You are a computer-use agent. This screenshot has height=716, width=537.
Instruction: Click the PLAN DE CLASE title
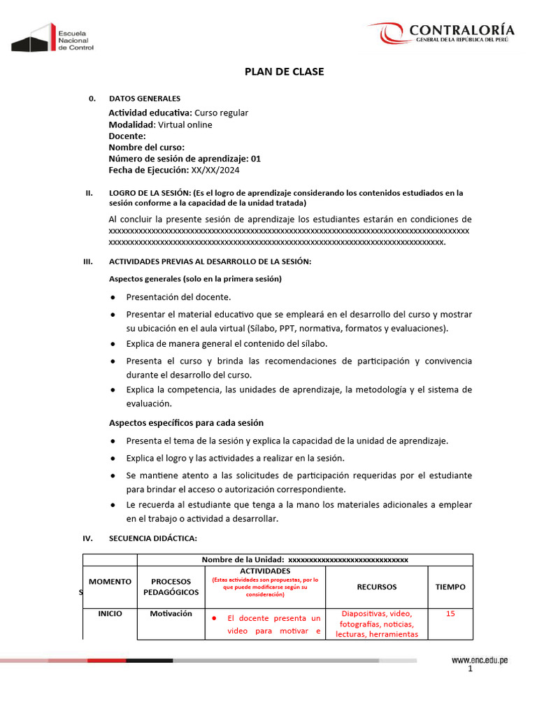coord(283,71)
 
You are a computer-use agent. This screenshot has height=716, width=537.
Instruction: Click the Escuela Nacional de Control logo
coord(52,37)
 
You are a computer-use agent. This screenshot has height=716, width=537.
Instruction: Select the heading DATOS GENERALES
coord(145,99)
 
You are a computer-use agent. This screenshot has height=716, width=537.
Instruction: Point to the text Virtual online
coord(185,124)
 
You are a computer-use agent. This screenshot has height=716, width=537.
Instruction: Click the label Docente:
coord(127,136)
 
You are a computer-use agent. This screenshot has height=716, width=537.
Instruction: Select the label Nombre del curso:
coord(146,148)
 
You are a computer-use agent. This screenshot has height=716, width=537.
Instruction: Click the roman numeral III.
coord(88,262)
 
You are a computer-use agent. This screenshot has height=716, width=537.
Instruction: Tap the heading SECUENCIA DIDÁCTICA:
coord(153,538)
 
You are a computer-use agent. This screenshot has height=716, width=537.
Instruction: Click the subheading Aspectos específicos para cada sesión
coord(186,423)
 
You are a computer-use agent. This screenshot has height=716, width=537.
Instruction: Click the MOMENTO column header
coord(110,582)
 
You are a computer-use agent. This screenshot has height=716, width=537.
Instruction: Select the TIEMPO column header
coord(450,587)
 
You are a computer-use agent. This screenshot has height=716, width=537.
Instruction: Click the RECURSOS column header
coord(376,587)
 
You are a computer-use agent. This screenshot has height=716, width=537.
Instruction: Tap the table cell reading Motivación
coord(171,613)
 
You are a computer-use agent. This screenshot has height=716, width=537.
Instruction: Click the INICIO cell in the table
coord(110,613)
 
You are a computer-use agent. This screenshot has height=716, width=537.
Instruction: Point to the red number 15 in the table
coord(450,613)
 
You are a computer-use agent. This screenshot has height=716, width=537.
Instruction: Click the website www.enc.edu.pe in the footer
coord(479,660)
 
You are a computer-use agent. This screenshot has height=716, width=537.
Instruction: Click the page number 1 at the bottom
coord(471,670)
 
